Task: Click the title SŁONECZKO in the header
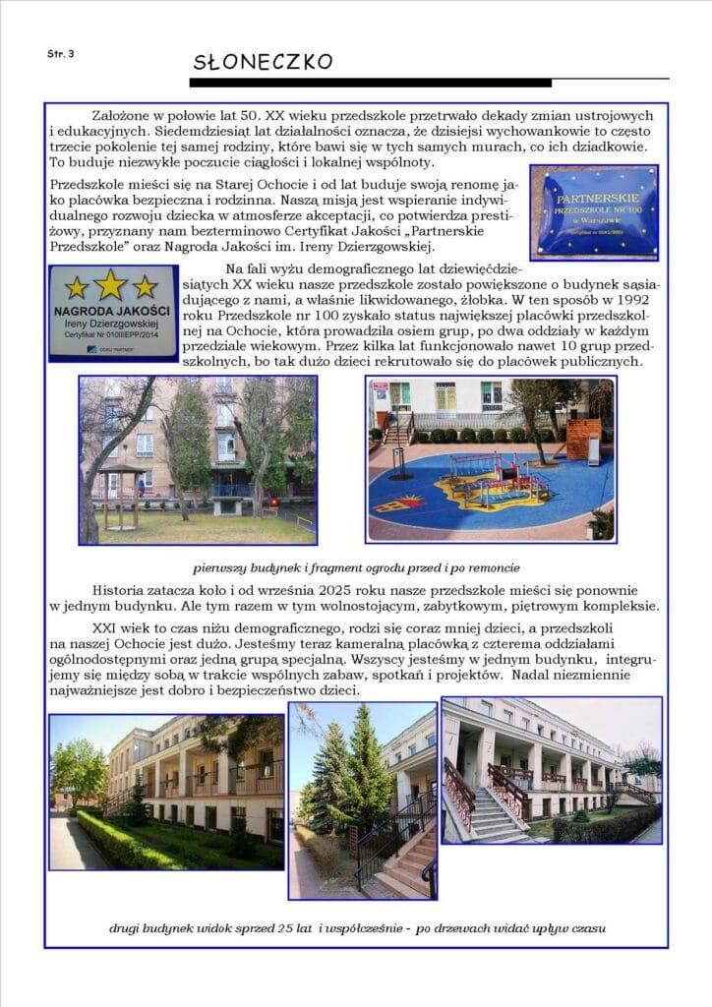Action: pos(263,62)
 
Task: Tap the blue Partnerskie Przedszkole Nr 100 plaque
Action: pos(593,211)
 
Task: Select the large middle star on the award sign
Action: pos(110,284)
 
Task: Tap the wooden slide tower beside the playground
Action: pos(583,441)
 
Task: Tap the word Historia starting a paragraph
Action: pos(119,588)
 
